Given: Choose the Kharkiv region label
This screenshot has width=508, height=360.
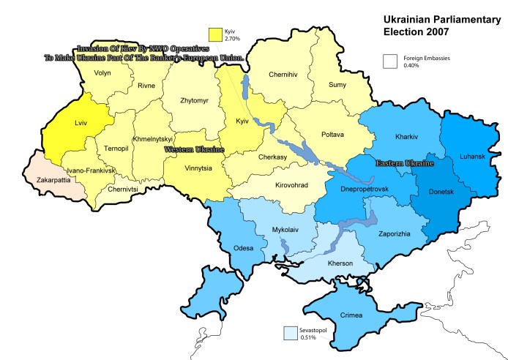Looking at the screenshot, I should (406, 137).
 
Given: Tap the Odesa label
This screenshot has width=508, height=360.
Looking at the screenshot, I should (243, 248).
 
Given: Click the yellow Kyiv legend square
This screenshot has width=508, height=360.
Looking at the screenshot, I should (215, 35).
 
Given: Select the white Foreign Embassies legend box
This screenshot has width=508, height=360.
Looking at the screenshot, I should (389, 62).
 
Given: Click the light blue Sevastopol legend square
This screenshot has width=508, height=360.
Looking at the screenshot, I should (291, 333).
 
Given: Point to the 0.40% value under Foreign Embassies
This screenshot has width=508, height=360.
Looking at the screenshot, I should (412, 67).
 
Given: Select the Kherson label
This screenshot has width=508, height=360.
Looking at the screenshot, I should (340, 263).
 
